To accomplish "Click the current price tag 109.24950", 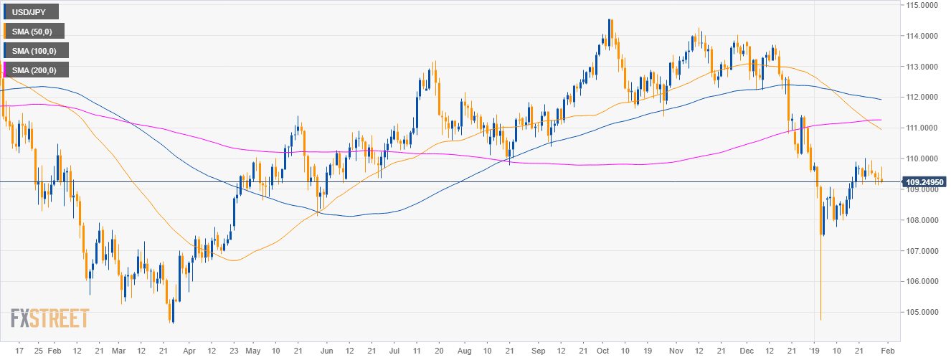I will point(922,182).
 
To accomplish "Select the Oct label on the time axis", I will point(602,351).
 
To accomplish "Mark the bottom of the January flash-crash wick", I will point(820,319).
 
